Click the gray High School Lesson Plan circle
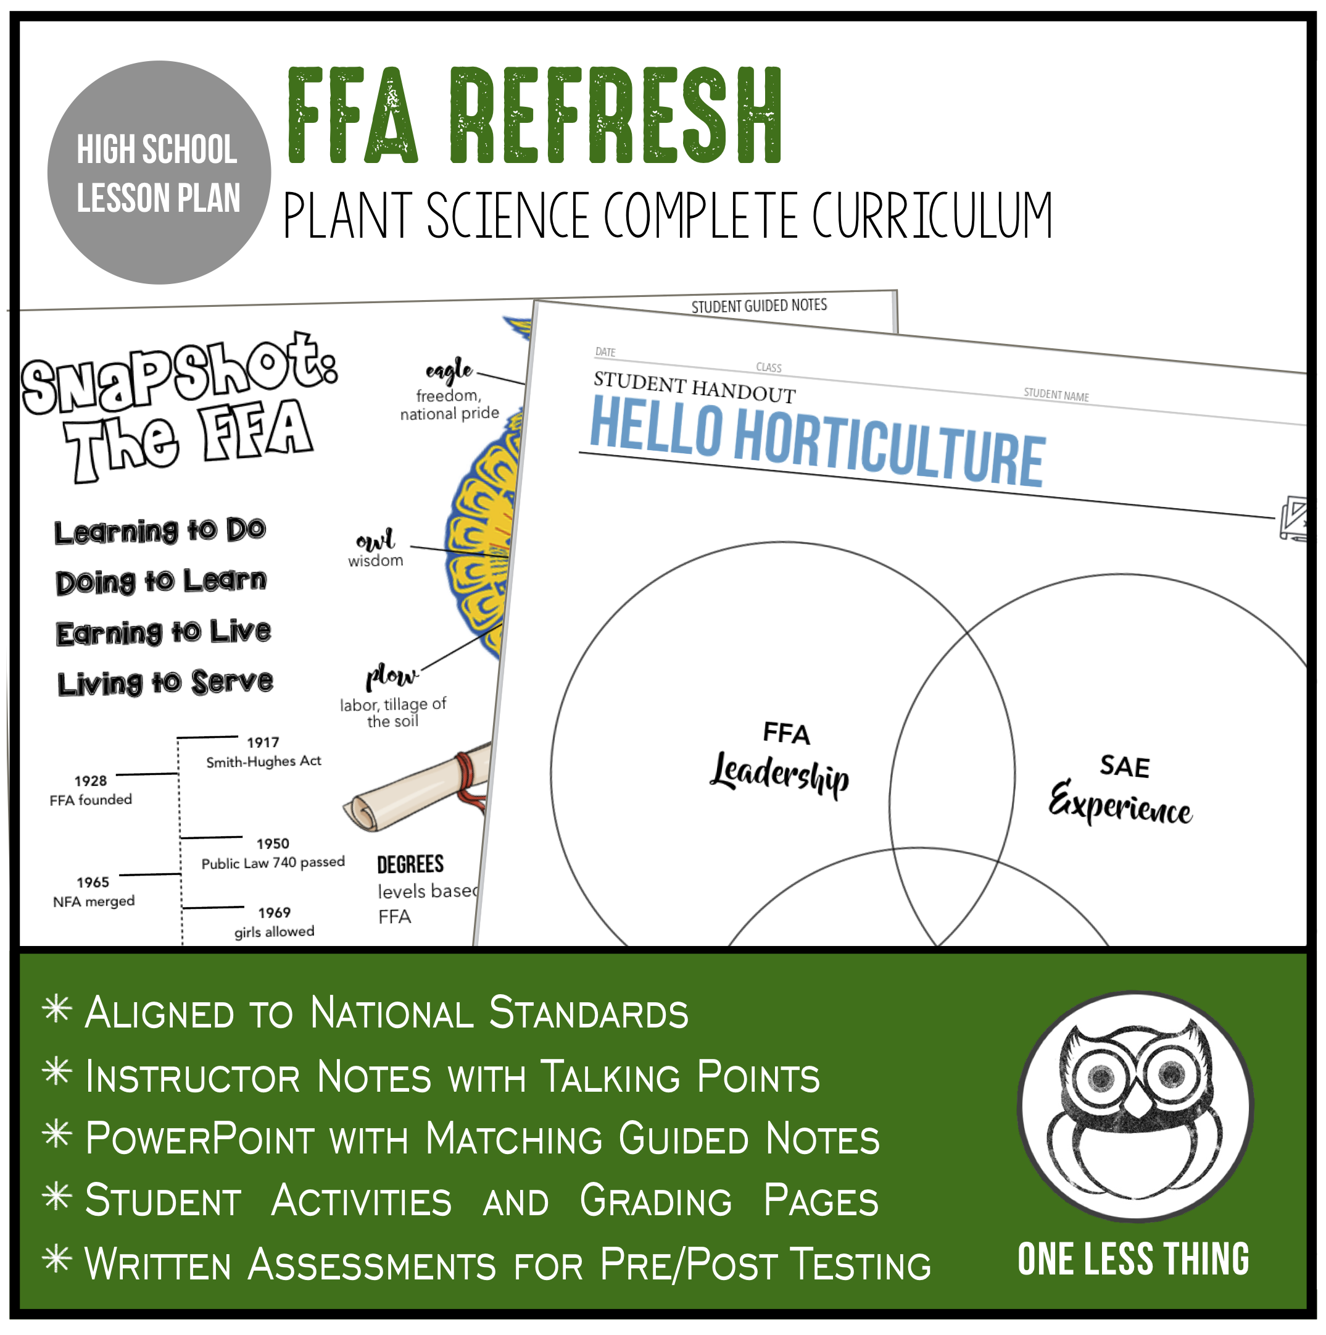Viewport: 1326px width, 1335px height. [x=159, y=173]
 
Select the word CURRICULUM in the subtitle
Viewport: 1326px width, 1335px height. [x=932, y=216]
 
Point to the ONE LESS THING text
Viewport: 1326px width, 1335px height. [x=1133, y=1259]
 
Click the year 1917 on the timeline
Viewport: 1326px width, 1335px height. [x=263, y=742]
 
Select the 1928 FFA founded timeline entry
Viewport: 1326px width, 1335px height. [x=91, y=790]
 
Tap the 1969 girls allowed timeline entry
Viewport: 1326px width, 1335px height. [x=274, y=922]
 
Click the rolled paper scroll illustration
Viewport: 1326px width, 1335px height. [x=418, y=788]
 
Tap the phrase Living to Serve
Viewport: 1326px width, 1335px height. [x=165, y=683]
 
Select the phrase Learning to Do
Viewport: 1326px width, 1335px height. [x=160, y=530]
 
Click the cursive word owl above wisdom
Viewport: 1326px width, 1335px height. [x=375, y=538]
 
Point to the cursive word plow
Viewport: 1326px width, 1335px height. [x=392, y=675]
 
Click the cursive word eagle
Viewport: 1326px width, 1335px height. [x=449, y=371]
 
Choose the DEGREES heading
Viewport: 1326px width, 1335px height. [x=410, y=864]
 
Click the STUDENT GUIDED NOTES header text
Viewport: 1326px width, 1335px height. [x=759, y=306]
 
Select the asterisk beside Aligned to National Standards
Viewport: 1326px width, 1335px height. [x=57, y=1009]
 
